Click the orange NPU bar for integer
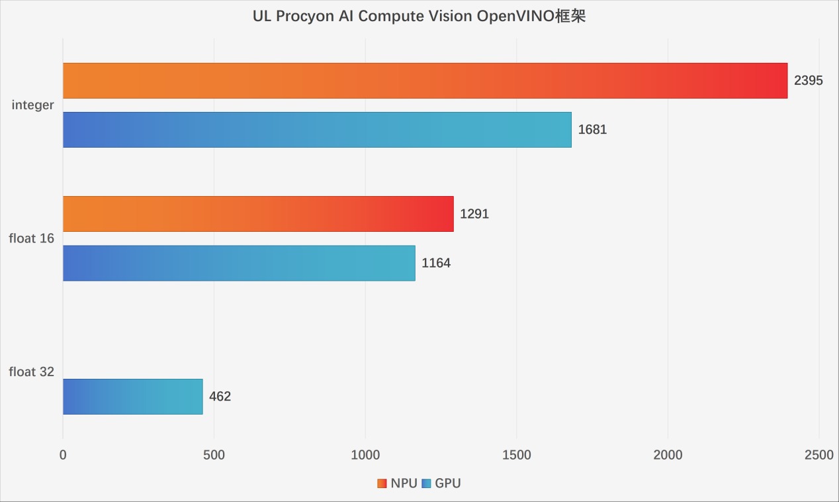click(425, 81)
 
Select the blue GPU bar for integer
click(317, 130)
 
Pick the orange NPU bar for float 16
click(258, 214)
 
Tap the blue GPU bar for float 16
click(239, 263)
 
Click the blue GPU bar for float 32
click(132, 397)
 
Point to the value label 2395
click(808, 81)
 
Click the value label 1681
click(592, 130)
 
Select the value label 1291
click(474, 214)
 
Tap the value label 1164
click(436, 263)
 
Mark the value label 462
click(220, 397)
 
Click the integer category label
click(32, 105)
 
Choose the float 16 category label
click(31, 238)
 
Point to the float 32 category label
click(31, 372)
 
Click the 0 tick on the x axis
click(63, 455)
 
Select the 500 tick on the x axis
click(214, 455)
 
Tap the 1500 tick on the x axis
click(516, 455)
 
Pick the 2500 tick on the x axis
click(819, 455)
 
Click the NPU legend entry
click(398, 483)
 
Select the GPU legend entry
click(441, 483)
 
